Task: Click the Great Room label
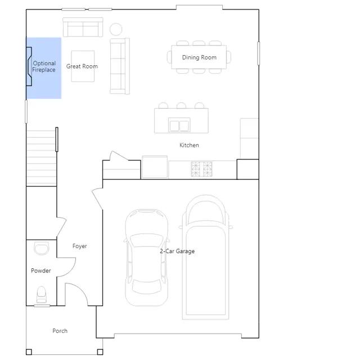pos(82,66)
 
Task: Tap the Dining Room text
pos(199,57)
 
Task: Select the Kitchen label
pos(189,145)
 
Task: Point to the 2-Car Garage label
pos(177,251)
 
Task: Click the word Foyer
pos(80,246)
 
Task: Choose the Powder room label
pos(41,271)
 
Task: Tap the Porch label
pos(60,331)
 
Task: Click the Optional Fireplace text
pos(44,66)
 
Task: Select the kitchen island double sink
pos(179,125)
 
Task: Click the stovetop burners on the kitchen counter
pos(201,169)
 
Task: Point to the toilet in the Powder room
pos(42,295)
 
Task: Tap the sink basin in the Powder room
pos(42,248)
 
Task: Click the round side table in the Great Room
pos(116,29)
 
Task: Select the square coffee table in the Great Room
pos(83,66)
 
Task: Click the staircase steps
pos(41,158)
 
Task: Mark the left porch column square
pos(29,352)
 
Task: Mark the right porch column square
pos(100,352)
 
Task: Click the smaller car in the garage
pos(147,258)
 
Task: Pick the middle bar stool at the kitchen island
pos(181,105)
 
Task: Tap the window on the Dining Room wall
pos(259,53)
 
